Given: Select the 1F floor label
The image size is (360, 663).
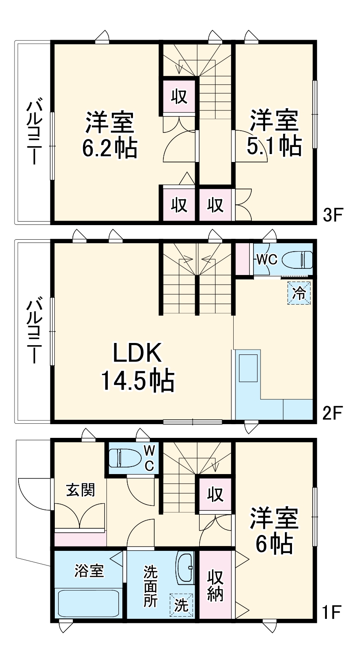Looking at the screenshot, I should coord(332,612).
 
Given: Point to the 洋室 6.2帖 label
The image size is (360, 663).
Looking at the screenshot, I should coord(109,135).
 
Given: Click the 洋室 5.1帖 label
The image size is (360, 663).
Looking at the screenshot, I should coord(274,133).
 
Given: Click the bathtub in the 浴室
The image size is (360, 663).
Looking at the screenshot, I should coord(89,603).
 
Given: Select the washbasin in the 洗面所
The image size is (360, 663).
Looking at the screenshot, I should coord(186,568).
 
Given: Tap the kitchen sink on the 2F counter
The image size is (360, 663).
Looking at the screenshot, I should coord(248,367).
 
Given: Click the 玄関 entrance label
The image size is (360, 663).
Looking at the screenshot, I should coord(80,490).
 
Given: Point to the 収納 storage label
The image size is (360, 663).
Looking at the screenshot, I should coord(215,585).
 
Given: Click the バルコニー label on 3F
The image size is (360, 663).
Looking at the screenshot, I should coord(34,132).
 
